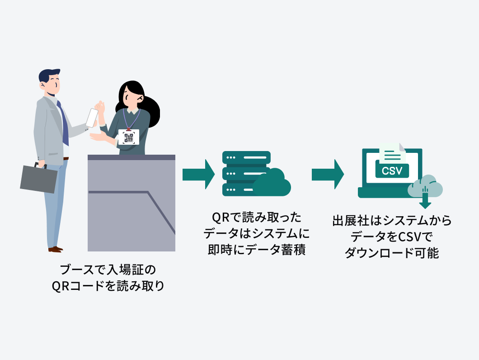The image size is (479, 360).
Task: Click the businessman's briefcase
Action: (39, 179)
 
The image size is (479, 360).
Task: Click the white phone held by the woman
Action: (93, 118)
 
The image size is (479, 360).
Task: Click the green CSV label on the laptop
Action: (392, 171)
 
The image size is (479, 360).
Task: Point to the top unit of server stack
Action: (246, 157)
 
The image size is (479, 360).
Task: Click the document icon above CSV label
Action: (392, 153)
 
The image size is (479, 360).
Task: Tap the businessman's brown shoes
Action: (55, 249)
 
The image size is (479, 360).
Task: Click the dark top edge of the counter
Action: (131, 157)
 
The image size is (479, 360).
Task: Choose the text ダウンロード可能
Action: (392, 253)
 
